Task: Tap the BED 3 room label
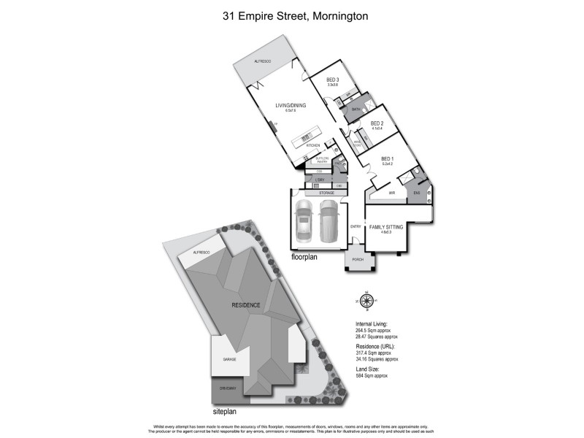(x=332, y=79)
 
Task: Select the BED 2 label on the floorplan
(x=377, y=123)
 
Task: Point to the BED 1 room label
(x=387, y=158)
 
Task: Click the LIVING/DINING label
(x=290, y=106)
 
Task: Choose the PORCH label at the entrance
(x=358, y=260)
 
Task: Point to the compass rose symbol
(x=368, y=300)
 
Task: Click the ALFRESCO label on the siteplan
(x=201, y=252)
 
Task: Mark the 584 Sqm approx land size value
(x=372, y=375)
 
